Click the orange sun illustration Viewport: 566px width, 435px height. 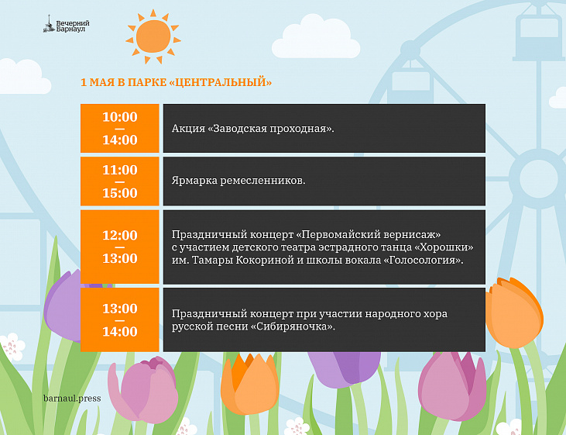tap(153, 36)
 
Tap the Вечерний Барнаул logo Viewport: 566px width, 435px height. tap(67, 25)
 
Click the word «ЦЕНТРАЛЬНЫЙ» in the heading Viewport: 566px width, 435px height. tap(220, 82)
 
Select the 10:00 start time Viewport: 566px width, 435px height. tap(120, 117)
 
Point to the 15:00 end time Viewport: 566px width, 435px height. tap(120, 193)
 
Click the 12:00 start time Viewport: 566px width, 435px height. tap(120, 236)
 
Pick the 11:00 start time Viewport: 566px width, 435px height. tap(120, 170)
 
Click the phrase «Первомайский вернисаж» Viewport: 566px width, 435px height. tap(369, 235)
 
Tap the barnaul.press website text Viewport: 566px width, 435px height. tap(72, 399)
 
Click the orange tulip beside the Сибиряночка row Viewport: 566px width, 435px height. tap(513, 312)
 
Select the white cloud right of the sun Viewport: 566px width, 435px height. tap(316, 37)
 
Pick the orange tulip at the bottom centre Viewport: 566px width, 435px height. tap(249, 383)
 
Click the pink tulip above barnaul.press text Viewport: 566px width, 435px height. tap(143, 389)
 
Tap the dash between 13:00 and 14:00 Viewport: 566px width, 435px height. tap(120, 320)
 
